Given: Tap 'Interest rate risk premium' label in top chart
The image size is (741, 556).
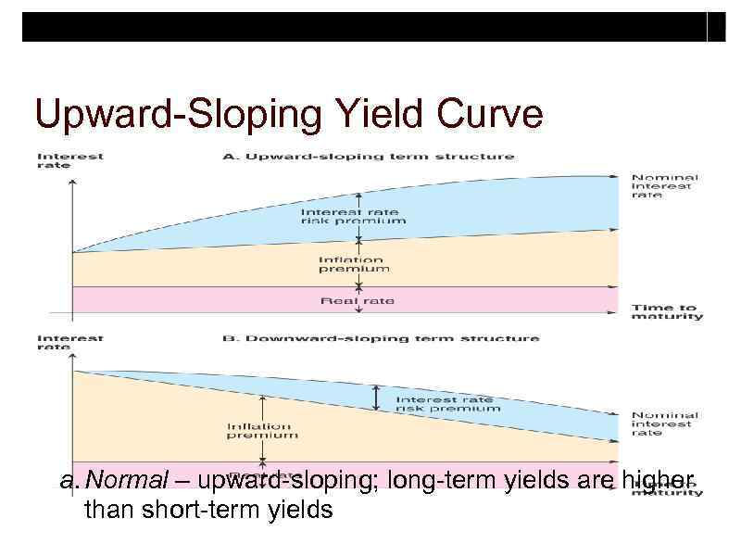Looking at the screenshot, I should tap(353, 217).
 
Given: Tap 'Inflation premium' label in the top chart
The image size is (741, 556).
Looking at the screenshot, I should tap(354, 264).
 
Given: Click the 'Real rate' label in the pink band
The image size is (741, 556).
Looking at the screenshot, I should tap(357, 300).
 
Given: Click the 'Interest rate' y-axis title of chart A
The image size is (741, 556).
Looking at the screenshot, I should tap(69, 160).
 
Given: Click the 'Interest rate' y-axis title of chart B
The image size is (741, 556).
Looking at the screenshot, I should tap(69, 343).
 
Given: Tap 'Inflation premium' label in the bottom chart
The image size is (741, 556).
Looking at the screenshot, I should tap(262, 430).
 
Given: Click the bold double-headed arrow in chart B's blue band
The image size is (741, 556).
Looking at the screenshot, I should tap(376, 398).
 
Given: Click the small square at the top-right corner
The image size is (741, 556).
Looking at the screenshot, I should tap(716, 27).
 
